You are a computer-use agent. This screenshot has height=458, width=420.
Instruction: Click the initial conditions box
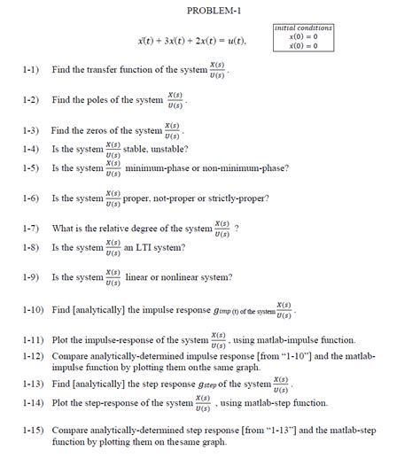click(x=303, y=38)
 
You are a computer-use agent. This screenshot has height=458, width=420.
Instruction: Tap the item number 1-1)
click(x=33, y=69)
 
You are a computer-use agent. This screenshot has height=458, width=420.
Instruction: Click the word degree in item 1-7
click(x=152, y=228)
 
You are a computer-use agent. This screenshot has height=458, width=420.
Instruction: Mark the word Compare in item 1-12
click(x=73, y=355)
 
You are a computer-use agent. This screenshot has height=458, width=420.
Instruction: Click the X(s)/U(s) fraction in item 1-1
click(x=216, y=70)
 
